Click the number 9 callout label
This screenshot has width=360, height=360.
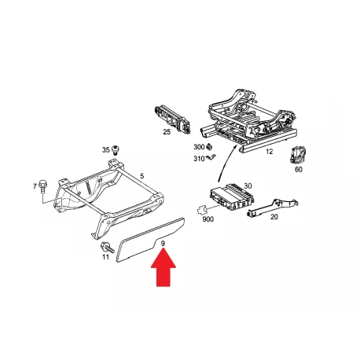[163, 244]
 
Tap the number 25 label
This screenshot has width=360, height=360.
[167, 132]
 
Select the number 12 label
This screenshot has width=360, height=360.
[269, 152]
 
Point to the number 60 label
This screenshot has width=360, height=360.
[299, 170]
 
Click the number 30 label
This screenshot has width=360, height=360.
[248, 186]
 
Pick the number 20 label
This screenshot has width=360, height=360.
[274, 217]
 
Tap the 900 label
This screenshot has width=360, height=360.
[208, 219]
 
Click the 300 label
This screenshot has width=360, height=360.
[199, 147]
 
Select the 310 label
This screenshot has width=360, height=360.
[199, 159]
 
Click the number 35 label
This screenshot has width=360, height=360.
[105, 150]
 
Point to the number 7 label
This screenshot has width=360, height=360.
[35, 186]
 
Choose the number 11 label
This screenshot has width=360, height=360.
[105, 257]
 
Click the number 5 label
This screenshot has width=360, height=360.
[141, 176]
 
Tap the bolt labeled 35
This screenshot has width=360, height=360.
[115, 149]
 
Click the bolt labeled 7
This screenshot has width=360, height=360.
[42, 186]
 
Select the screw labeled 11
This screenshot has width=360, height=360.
[107, 248]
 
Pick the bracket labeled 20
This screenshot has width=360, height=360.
[273, 208]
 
